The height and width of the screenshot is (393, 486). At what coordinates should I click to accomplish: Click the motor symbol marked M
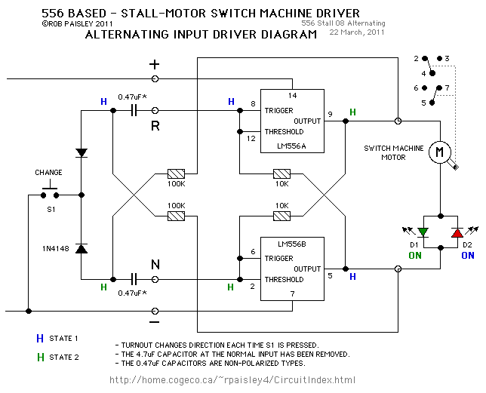(x=438, y=153)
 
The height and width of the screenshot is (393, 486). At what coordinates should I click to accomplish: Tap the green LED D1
(x=423, y=232)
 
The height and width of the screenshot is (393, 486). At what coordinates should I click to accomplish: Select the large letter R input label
(x=155, y=125)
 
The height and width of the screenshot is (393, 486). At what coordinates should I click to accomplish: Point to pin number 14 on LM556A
(x=293, y=96)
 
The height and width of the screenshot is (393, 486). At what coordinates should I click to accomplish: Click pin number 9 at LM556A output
(x=330, y=115)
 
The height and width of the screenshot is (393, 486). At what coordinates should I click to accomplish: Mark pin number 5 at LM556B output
(x=330, y=275)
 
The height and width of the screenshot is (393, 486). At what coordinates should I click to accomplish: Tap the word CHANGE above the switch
(x=48, y=173)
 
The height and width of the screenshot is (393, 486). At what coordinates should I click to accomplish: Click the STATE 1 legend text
(x=64, y=339)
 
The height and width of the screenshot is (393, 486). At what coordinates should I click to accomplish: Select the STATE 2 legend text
(x=64, y=357)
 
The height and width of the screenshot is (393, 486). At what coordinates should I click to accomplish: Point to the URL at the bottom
(x=232, y=379)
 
